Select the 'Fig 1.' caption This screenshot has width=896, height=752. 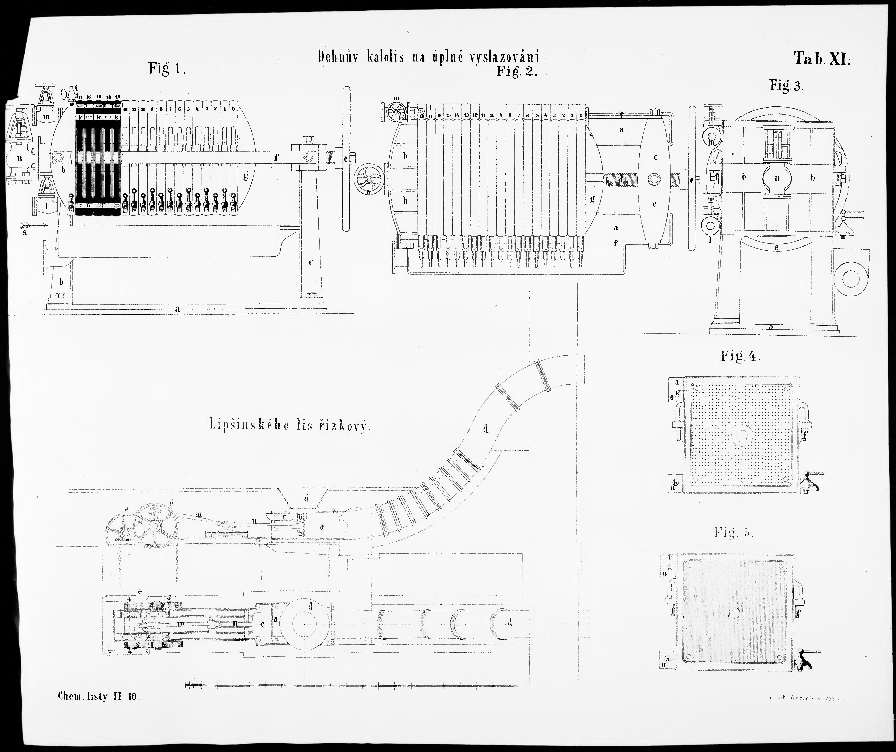pos(166,68)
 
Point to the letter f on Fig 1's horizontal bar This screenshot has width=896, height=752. pos(276,157)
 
